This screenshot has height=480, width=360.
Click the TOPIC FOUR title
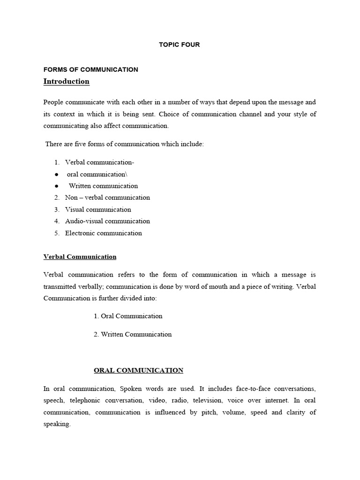pos(180,45)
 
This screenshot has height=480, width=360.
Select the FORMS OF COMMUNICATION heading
pos(90,69)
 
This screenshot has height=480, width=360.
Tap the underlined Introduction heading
pos(66,82)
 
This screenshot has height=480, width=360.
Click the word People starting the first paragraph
pos(54,102)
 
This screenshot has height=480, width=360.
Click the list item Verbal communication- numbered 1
pos(99,162)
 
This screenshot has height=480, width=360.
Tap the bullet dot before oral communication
pos(56,174)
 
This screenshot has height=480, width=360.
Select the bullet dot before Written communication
pos(56,186)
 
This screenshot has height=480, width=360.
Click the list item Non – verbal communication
pos(107,198)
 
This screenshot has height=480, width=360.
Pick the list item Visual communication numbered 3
pos(98,210)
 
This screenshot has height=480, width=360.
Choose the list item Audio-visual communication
pos(107,221)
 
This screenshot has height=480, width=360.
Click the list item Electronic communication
pos(103,233)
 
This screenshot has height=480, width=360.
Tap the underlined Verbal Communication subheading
pos(80,257)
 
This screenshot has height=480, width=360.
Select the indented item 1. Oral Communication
pos(128,316)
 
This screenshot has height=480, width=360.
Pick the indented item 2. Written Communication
pos(133,334)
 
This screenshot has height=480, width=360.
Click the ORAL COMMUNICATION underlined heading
pos(138,370)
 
